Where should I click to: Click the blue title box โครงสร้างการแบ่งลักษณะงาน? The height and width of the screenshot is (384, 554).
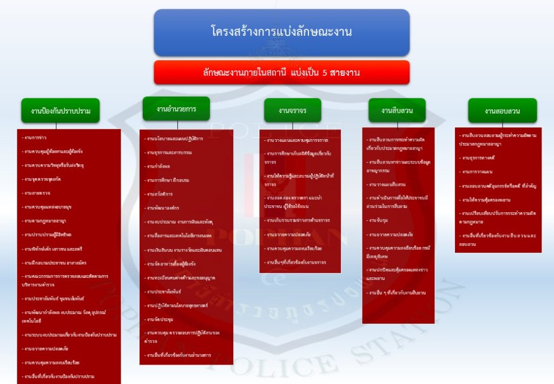click(x=281, y=32)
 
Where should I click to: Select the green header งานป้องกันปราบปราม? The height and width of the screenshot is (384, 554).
click(x=61, y=111)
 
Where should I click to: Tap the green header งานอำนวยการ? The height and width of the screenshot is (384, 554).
click(x=176, y=109)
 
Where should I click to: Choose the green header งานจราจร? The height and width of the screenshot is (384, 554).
click(x=293, y=110)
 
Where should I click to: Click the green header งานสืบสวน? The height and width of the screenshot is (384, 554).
click(x=397, y=110)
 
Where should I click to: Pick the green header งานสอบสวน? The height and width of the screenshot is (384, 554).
click(x=503, y=111)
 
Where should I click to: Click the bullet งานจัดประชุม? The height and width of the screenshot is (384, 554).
click(x=159, y=320)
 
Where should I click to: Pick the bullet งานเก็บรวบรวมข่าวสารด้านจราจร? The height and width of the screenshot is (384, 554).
click(x=298, y=220)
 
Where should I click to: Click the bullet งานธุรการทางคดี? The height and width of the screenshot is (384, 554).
click(x=478, y=158)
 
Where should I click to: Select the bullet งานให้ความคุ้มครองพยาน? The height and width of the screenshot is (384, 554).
click(x=485, y=200)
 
